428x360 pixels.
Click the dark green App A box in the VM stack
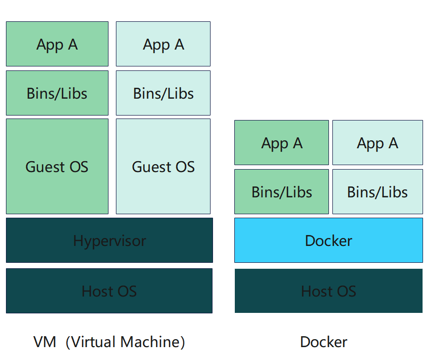pyautogui.click(x=57, y=44)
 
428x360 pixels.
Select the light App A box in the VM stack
pyautogui.click(x=163, y=44)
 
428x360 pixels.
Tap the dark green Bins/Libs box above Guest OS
pyautogui.click(x=57, y=93)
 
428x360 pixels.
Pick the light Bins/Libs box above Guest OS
pyautogui.click(x=163, y=93)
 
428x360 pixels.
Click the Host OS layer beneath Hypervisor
pyautogui.click(x=109, y=291)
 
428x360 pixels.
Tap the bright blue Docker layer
pyautogui.click(x=328, y=241)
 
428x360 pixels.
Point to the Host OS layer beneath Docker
pyautogui.click(x=328, y=291)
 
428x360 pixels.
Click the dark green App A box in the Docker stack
pyautogui.click(x=281, y=143)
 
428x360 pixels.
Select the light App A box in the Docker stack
pyautogui.click(x=377, y=143)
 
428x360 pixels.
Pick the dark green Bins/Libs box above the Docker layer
pyautogui.click(x=281, y=192)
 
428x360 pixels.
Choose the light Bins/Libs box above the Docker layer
pyautogui.click(x=377, y=192)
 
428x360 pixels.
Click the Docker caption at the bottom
pyautogui.click(x=323, y=342)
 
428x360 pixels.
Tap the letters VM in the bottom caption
pyautogui.click(x=45, y=342)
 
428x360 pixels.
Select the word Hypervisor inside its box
pyautogui.click(x=109, y=241)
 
